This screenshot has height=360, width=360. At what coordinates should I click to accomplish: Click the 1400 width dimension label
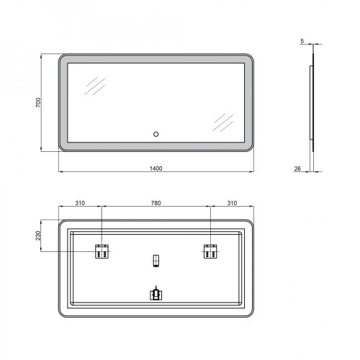156,168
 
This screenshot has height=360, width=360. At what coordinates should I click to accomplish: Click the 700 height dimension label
38,102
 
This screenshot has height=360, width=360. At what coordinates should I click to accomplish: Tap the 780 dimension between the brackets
156,203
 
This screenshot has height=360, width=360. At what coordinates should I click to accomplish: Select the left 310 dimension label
80,203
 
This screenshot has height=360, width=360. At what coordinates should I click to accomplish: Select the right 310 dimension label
232,203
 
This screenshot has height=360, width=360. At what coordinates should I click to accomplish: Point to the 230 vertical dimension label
38,235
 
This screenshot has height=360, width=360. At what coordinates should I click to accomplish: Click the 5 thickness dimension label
302,41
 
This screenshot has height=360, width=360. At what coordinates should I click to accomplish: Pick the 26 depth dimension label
297,168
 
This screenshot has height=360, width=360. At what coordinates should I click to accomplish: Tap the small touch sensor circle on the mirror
156,134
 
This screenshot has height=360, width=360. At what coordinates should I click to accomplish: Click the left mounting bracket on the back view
102,251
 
